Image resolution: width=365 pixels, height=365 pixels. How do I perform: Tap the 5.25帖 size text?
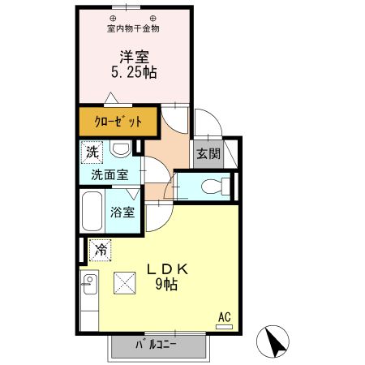click(x=134, y=72)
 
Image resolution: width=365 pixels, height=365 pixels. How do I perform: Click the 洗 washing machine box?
click(x=93, y=152)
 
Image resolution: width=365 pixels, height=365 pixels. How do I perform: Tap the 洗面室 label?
click(x=108, y=174)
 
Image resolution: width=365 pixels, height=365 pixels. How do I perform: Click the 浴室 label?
click(x=123, y=213)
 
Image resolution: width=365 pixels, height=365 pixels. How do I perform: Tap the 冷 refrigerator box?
click(x=101, y=251)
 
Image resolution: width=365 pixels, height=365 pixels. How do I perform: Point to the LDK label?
click(x=167, y=268)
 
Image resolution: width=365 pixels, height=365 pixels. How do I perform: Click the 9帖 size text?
click(x=167, y=284)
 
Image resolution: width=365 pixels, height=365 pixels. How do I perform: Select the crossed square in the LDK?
click(x=126, y=282)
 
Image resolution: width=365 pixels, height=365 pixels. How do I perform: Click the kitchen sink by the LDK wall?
click(x=89, y=286)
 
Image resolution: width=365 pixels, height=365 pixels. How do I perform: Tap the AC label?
click(x=223, y=316)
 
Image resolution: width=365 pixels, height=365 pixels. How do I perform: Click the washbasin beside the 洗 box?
click(x=121, y=149)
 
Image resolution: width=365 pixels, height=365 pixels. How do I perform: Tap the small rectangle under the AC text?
click(x=224, y=326)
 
